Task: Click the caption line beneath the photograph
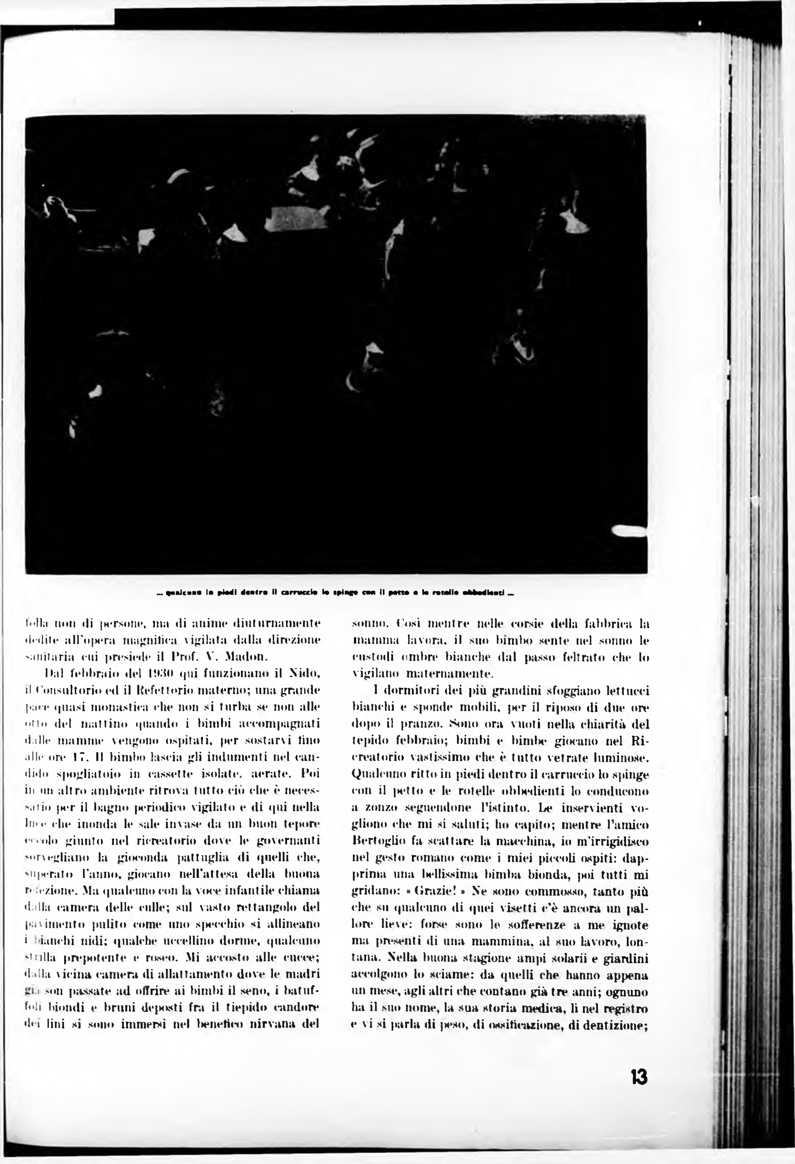335,594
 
